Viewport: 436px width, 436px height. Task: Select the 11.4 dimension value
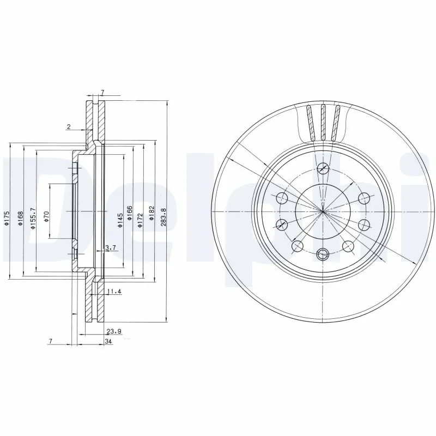(x=114, y=292)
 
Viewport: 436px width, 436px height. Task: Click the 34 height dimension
(x=108, y=342)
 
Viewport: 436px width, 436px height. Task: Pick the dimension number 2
(x=69, y=127)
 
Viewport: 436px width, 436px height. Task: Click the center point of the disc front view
(x=323, y=211)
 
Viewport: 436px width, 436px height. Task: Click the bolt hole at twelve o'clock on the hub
(x=323, y=169)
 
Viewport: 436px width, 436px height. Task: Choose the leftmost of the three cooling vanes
(x=310, y=122)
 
